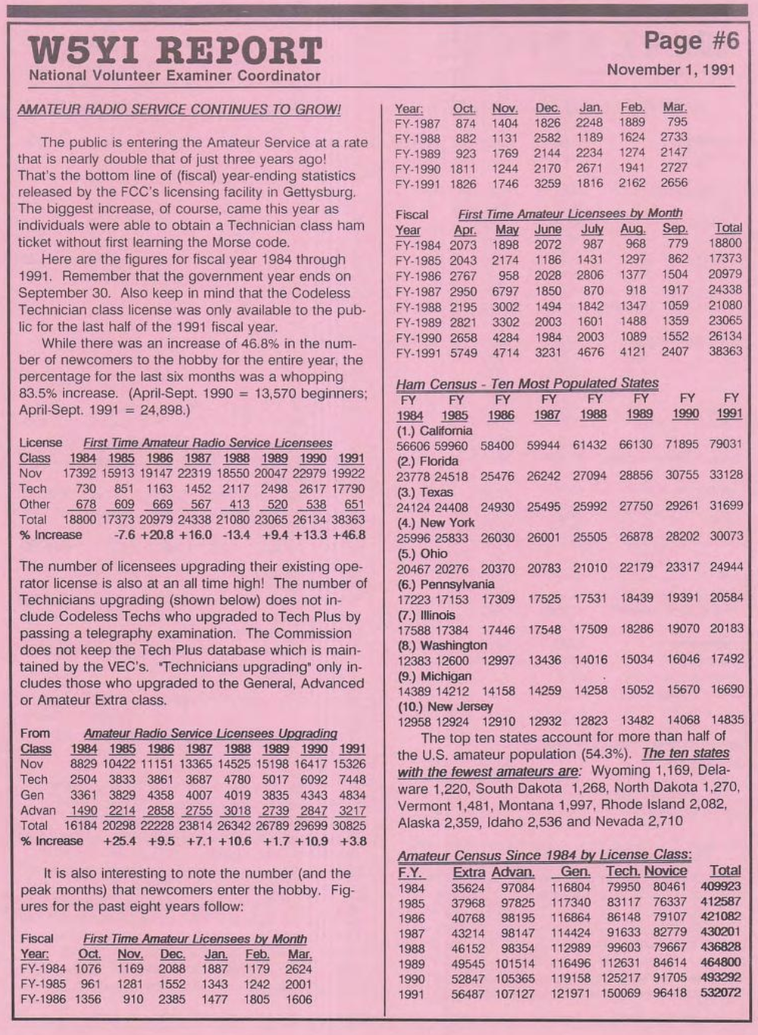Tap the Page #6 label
point(690,39)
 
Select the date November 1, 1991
point(671,70)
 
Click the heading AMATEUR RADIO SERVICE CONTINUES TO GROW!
point(179,109)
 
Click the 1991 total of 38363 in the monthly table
point(725,351)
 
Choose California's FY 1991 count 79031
point(725,445)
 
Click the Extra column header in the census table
point(468,872)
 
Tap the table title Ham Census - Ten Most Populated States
point(527,383)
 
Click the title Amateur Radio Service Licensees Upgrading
point(210,733)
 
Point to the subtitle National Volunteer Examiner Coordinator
point(174,76)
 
